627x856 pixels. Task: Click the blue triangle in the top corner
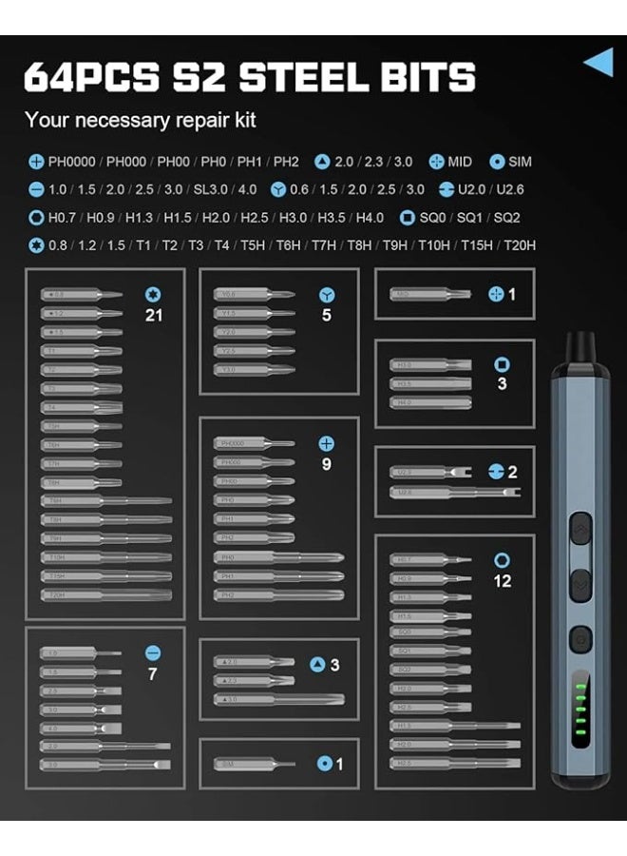click(x=598, y=63)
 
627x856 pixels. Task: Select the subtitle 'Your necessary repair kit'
click(x=140, y=121)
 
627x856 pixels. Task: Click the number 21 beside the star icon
click(x=154, y=315)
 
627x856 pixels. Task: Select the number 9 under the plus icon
click(x=327, y=464)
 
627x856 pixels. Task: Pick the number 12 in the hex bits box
click(x=502, y=580)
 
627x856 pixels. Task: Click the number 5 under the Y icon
click(x=327, y=315)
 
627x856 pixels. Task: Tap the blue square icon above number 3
click(x=502, y=364)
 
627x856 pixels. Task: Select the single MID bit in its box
click(x=429, y=294)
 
